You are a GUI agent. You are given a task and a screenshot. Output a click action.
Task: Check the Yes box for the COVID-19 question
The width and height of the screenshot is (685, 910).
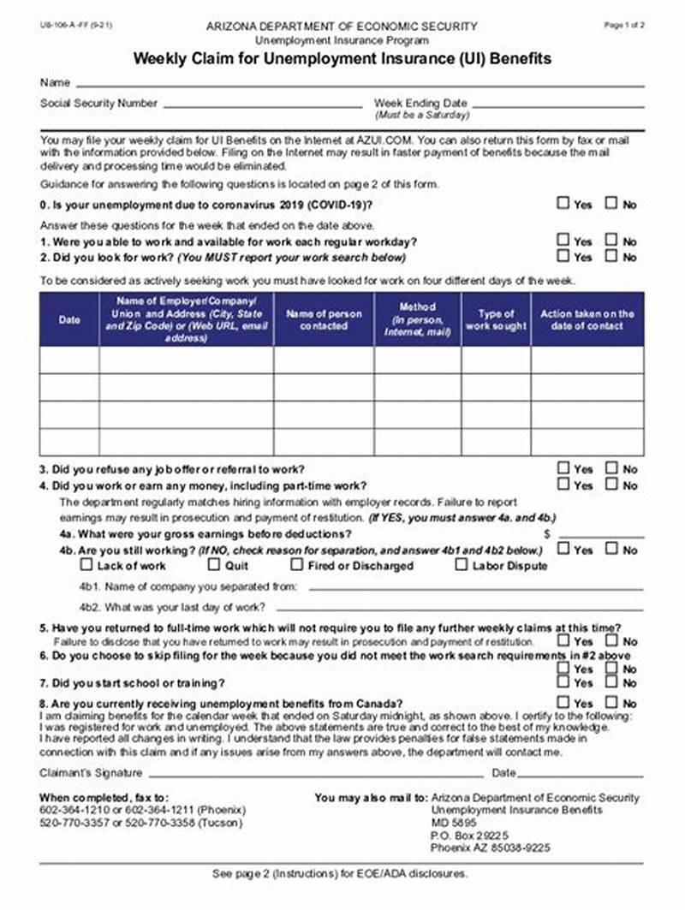click(x=563, y=204)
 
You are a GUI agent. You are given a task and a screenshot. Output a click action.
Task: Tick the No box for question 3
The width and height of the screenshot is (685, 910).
click(x=611, y=468)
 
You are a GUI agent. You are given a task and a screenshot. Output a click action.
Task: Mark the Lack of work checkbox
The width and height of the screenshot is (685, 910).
click(x=86, y=565)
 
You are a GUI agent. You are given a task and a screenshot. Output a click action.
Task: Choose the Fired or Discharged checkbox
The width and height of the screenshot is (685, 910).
click(x=297, y=565)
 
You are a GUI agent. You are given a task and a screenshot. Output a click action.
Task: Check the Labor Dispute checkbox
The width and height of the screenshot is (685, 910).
click(x=462, y=565)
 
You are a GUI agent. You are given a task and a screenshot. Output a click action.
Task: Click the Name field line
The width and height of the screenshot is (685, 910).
click(x=360, y=85)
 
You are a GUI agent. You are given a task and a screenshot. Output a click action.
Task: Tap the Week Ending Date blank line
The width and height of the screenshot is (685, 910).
click(x=558, y=105)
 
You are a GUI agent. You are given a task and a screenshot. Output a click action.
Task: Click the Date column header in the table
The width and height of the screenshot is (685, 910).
click(x=69, y=320)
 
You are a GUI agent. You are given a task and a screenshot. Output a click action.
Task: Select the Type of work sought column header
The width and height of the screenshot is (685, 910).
click(x=496, y=320)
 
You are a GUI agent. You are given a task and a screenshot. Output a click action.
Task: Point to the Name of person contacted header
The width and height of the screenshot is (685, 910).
click(x=324, y=320)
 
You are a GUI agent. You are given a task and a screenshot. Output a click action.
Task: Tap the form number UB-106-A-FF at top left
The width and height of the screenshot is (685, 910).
click(x=64, y=27)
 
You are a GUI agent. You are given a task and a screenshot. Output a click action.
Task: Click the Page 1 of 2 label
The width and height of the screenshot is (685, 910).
click(x=624, y=26)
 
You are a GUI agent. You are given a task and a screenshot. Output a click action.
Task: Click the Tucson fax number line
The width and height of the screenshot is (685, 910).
click(x=141, y=823)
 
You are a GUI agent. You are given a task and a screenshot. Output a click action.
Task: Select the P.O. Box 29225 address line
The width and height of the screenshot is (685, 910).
click(x=470, y=836)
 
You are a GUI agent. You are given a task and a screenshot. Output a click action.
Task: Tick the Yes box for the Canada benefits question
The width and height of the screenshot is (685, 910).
click(x=563, y=703)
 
